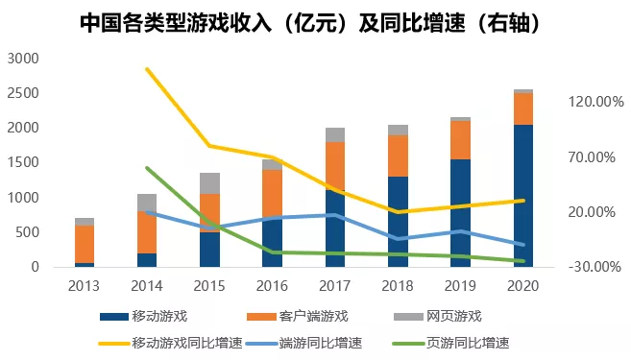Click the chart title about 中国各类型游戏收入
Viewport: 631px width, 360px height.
pos(315,23)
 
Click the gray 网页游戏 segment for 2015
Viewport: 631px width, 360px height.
pos(209,183)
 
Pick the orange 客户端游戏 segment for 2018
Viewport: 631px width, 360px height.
pos(398,156)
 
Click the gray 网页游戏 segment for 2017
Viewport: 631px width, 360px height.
pos(335,134)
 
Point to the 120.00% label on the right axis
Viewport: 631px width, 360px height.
pos(596,101)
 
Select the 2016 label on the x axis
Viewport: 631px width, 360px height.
pos(272,285)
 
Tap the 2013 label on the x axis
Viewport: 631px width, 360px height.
pos(85,285)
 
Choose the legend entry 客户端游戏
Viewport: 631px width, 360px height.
pos(313,316)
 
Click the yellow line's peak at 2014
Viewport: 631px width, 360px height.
pos(147,69)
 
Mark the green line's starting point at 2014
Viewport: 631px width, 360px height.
pos(147,168)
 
